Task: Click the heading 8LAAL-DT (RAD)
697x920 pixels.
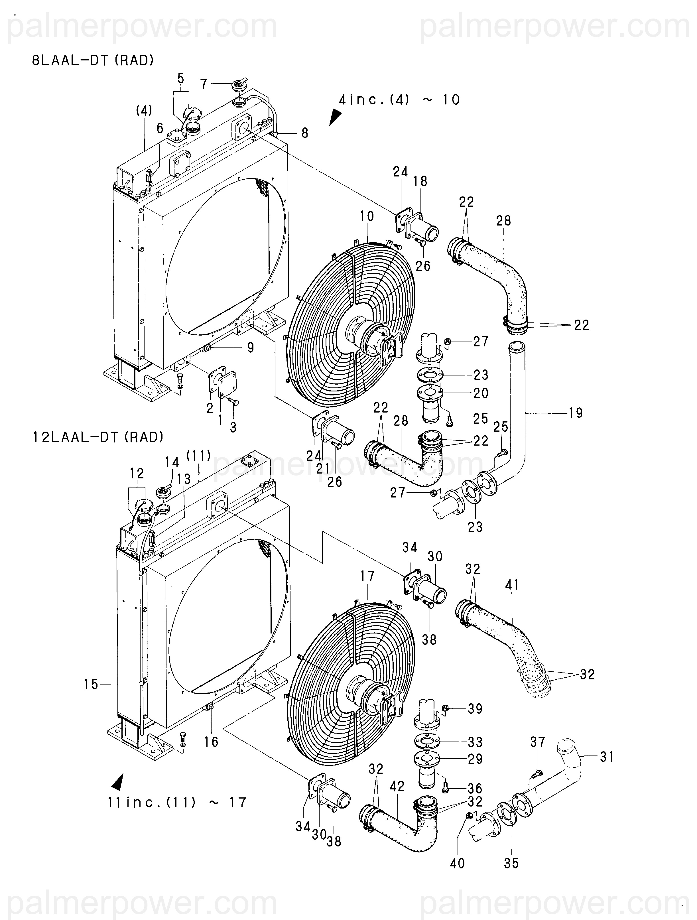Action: click(x=93, y=61)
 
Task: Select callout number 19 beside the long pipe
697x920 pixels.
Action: click(x=576, y=413)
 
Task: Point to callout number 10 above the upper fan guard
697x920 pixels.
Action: click(x=367, y=216)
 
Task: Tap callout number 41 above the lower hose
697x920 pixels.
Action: click(x=512, y=585)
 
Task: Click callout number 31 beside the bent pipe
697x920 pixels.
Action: click(x=606, y=757)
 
